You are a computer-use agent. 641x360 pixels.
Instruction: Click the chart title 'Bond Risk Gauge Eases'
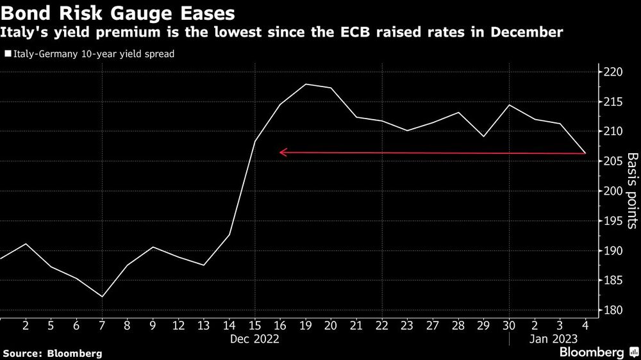pyautogui.click(x=117, y=13)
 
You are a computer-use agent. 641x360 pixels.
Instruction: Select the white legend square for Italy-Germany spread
pyautogui.click(x=8, y=54)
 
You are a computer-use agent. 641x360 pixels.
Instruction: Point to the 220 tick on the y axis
pyautogui.click(x=613, y=72)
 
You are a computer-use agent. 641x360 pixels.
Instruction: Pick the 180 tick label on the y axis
pyautogui.click(x=613, y=311)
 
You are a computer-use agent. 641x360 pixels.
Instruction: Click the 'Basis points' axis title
pyautogui.click(x=631, y=190)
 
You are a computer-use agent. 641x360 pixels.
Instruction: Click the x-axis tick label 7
pyautogui.click(x=103, y=325)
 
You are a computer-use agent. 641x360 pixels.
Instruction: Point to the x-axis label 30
pyautogui.click(x=510, y=325)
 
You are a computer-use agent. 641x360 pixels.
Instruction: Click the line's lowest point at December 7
pyautogui.click(x=103, y=297)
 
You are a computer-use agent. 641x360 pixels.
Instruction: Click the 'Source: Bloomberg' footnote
pyautogui.click(x=52, y=353)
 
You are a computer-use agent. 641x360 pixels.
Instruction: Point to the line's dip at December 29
pyautogui.click(x=483, y=136)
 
